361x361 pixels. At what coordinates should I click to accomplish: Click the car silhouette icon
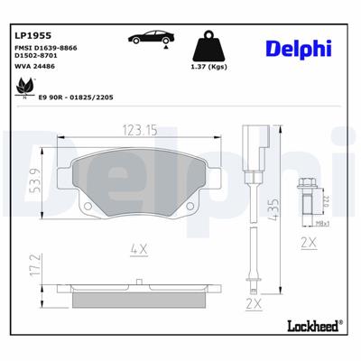(150, 39)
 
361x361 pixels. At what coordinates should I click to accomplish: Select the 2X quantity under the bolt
(307, 244)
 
